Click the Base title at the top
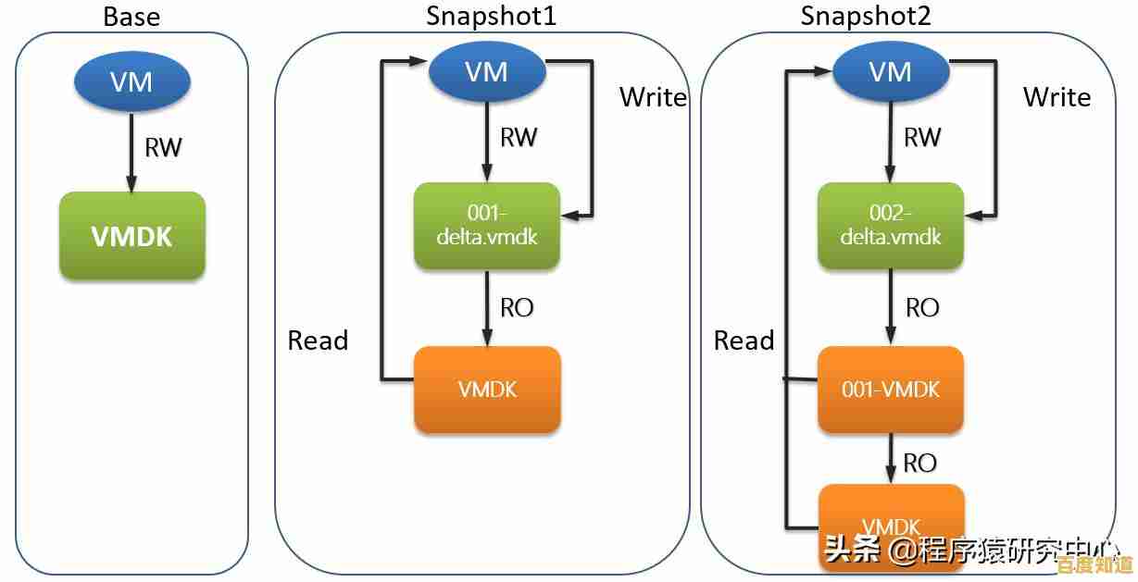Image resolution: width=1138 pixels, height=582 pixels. [131, 16]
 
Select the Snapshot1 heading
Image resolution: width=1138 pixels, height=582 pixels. [491, 16]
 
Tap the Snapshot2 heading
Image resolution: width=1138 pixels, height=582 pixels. [866, 16]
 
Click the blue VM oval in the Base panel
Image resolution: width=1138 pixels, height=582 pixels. [131, 82]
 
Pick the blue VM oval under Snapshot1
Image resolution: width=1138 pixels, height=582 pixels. [487, 72]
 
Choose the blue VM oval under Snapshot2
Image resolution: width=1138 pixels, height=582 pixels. [891, 72]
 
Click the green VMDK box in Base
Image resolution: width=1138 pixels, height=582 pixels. [131, 236]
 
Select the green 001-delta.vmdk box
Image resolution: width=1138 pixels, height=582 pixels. [487, 226]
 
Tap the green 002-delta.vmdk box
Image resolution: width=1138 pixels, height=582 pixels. [891, 226]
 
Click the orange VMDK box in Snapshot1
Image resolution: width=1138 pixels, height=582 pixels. [487, 390]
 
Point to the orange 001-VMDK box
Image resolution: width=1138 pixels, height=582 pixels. [891, 390]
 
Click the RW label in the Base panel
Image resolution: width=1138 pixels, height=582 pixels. [163, 147]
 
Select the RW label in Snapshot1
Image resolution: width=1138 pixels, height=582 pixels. [519, 137]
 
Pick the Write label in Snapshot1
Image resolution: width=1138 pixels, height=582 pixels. [653, 97]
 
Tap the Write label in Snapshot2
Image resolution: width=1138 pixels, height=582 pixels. [1057, 97]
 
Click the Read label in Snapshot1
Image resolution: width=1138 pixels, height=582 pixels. [318, 341]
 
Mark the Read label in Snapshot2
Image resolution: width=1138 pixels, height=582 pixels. [744, 341]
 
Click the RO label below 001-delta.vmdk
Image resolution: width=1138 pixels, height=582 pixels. [517, 307]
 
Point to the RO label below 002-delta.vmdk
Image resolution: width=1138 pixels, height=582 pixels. [921, 307]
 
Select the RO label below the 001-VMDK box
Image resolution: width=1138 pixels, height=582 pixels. [919, 463]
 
